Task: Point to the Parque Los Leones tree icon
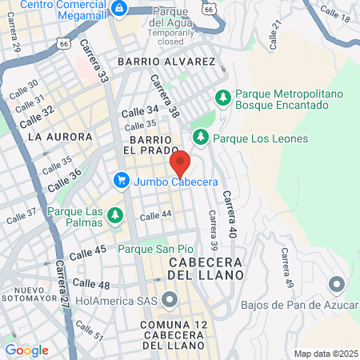pos(201,138)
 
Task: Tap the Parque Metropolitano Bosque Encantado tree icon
pos(223,98)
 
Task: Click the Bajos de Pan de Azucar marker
pos(337,285)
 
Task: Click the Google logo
pos(26,350)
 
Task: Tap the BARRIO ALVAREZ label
pos(166,62)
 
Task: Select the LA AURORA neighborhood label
pos(55,137)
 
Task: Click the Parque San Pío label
pos(156,249)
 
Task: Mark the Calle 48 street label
pos(90,284)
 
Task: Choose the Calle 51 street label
pos(90,331)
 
